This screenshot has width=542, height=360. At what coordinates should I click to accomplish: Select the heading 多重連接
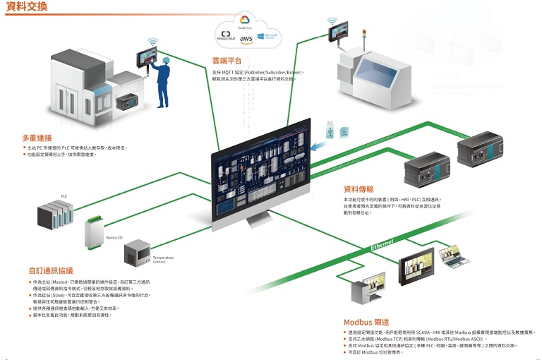pyautogui.click(x=37, y=138)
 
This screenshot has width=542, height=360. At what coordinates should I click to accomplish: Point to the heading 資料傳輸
pyautogui.click(x=359, y=188)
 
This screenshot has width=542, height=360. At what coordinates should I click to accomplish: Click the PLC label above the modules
pyautogui.click(x=64, y=196)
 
